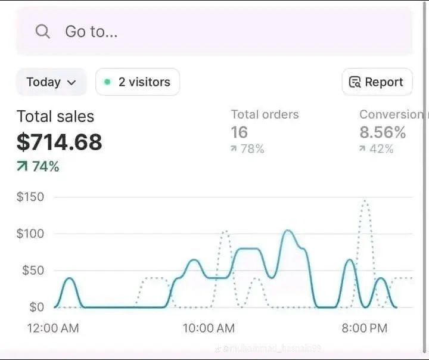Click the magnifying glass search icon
[42, 31]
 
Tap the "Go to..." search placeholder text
[91, 32]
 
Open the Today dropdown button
[51, 82]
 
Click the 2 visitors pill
[138, 82]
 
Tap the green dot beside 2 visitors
[107, 82]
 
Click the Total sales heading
[55, 116]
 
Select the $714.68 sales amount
[60, 142]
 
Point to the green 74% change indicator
[38, 167]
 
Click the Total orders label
[265, 114]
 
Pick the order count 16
[239, 132]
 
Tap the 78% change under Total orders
[247, 149]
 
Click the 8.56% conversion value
[383, 132]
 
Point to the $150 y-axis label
[30, 197]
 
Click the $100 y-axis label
[30, 234]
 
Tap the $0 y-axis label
[36, 307]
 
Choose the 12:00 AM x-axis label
[53, 328]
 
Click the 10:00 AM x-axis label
[209, 328]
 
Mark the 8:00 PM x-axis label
[364, 328]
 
